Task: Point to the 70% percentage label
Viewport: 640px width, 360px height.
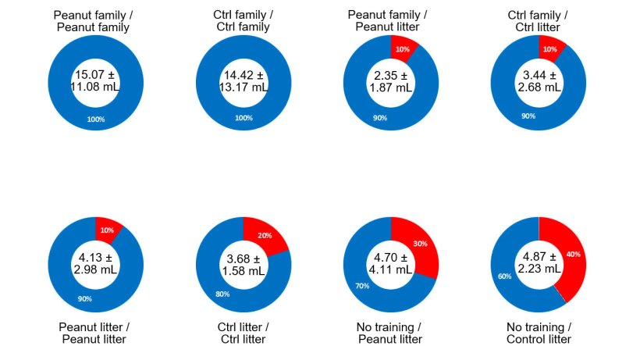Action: (x=364, y=287)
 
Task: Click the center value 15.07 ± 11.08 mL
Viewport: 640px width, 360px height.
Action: (x=94, y=81)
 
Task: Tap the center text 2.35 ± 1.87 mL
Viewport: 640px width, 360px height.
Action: (x=390, y=81)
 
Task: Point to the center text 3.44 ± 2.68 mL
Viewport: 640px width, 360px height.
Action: (x=539, y=81)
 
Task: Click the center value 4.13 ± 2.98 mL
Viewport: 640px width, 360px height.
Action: (x=94, y=263)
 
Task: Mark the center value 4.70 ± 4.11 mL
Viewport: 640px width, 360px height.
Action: (x=390, y=263)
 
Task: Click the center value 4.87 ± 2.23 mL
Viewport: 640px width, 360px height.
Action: (x=539, y=263)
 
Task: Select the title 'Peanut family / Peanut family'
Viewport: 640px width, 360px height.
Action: (x=94, y=20)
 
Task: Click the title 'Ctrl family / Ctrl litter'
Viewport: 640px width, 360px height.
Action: (x=539, y=20)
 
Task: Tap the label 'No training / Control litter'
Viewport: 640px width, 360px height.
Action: (x=539, y=333)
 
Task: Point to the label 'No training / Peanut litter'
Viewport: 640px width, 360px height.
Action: (x=390, y=333)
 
